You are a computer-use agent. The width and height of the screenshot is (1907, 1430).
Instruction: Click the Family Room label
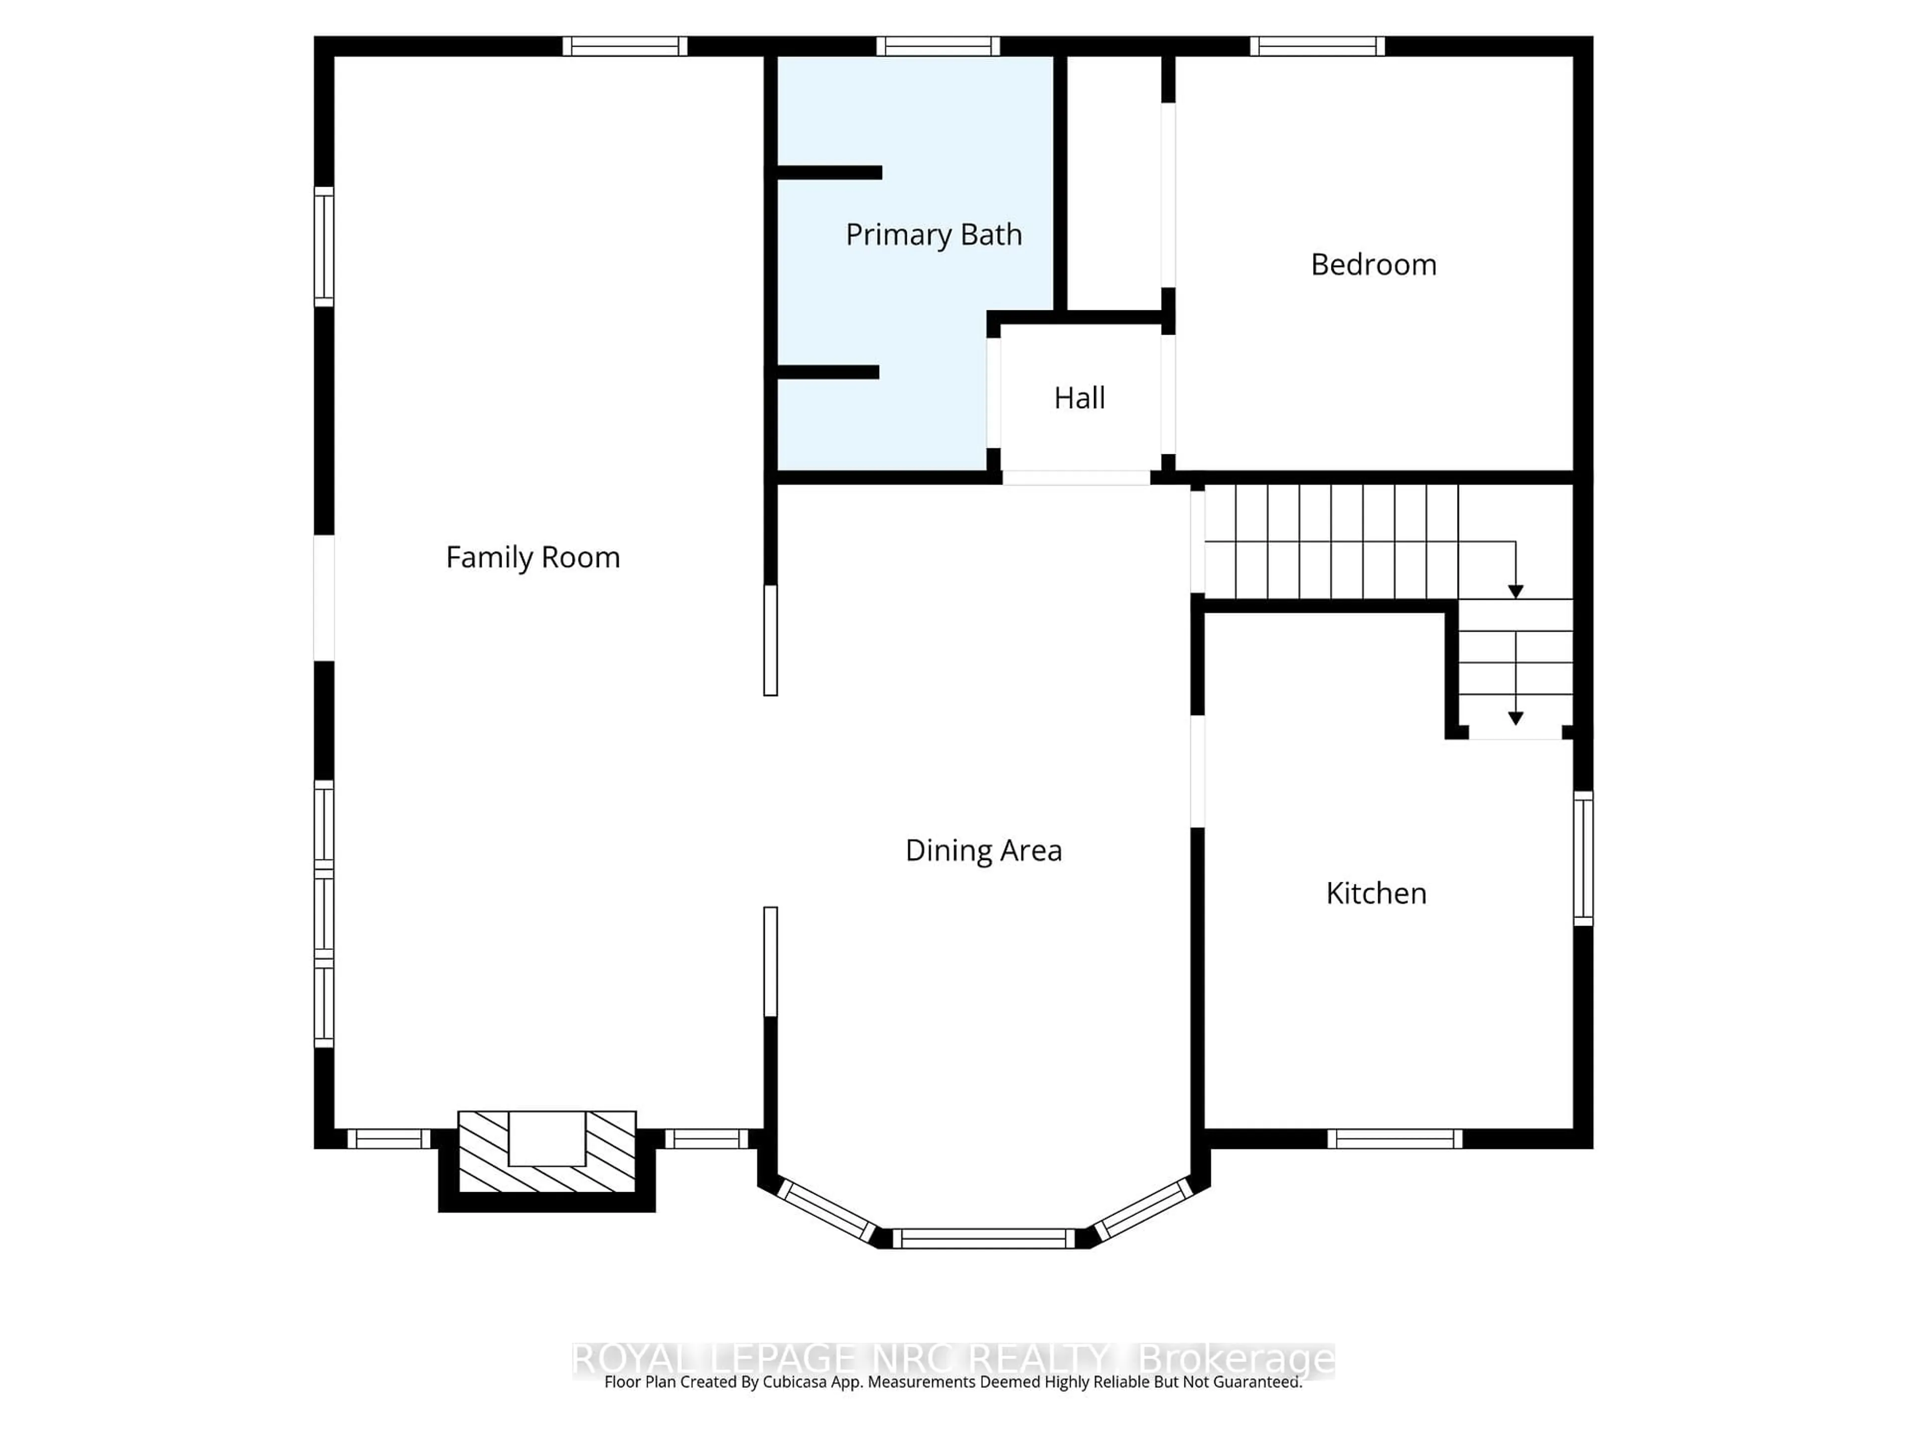click(x=533, y=558)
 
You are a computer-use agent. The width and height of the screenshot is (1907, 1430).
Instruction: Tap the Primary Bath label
click(x=934, y=234)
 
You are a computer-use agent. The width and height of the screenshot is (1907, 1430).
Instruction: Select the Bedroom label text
click(x=1373, y=265)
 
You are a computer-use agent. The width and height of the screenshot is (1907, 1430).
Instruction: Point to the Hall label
click(x=1079, y=398)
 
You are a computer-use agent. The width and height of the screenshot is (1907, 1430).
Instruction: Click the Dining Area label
click(x=983, y=851)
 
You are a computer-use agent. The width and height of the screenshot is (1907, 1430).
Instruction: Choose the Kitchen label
click(x=1376, y=893)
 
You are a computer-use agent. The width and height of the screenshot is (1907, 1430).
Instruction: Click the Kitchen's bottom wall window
click(x=1394, y=1139)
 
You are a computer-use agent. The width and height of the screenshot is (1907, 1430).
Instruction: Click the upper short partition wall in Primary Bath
click(x=829, y=172)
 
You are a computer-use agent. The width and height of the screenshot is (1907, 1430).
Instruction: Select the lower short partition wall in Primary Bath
click(x=828, y=372)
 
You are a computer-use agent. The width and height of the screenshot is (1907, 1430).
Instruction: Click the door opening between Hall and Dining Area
click(x=1076, y=478)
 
